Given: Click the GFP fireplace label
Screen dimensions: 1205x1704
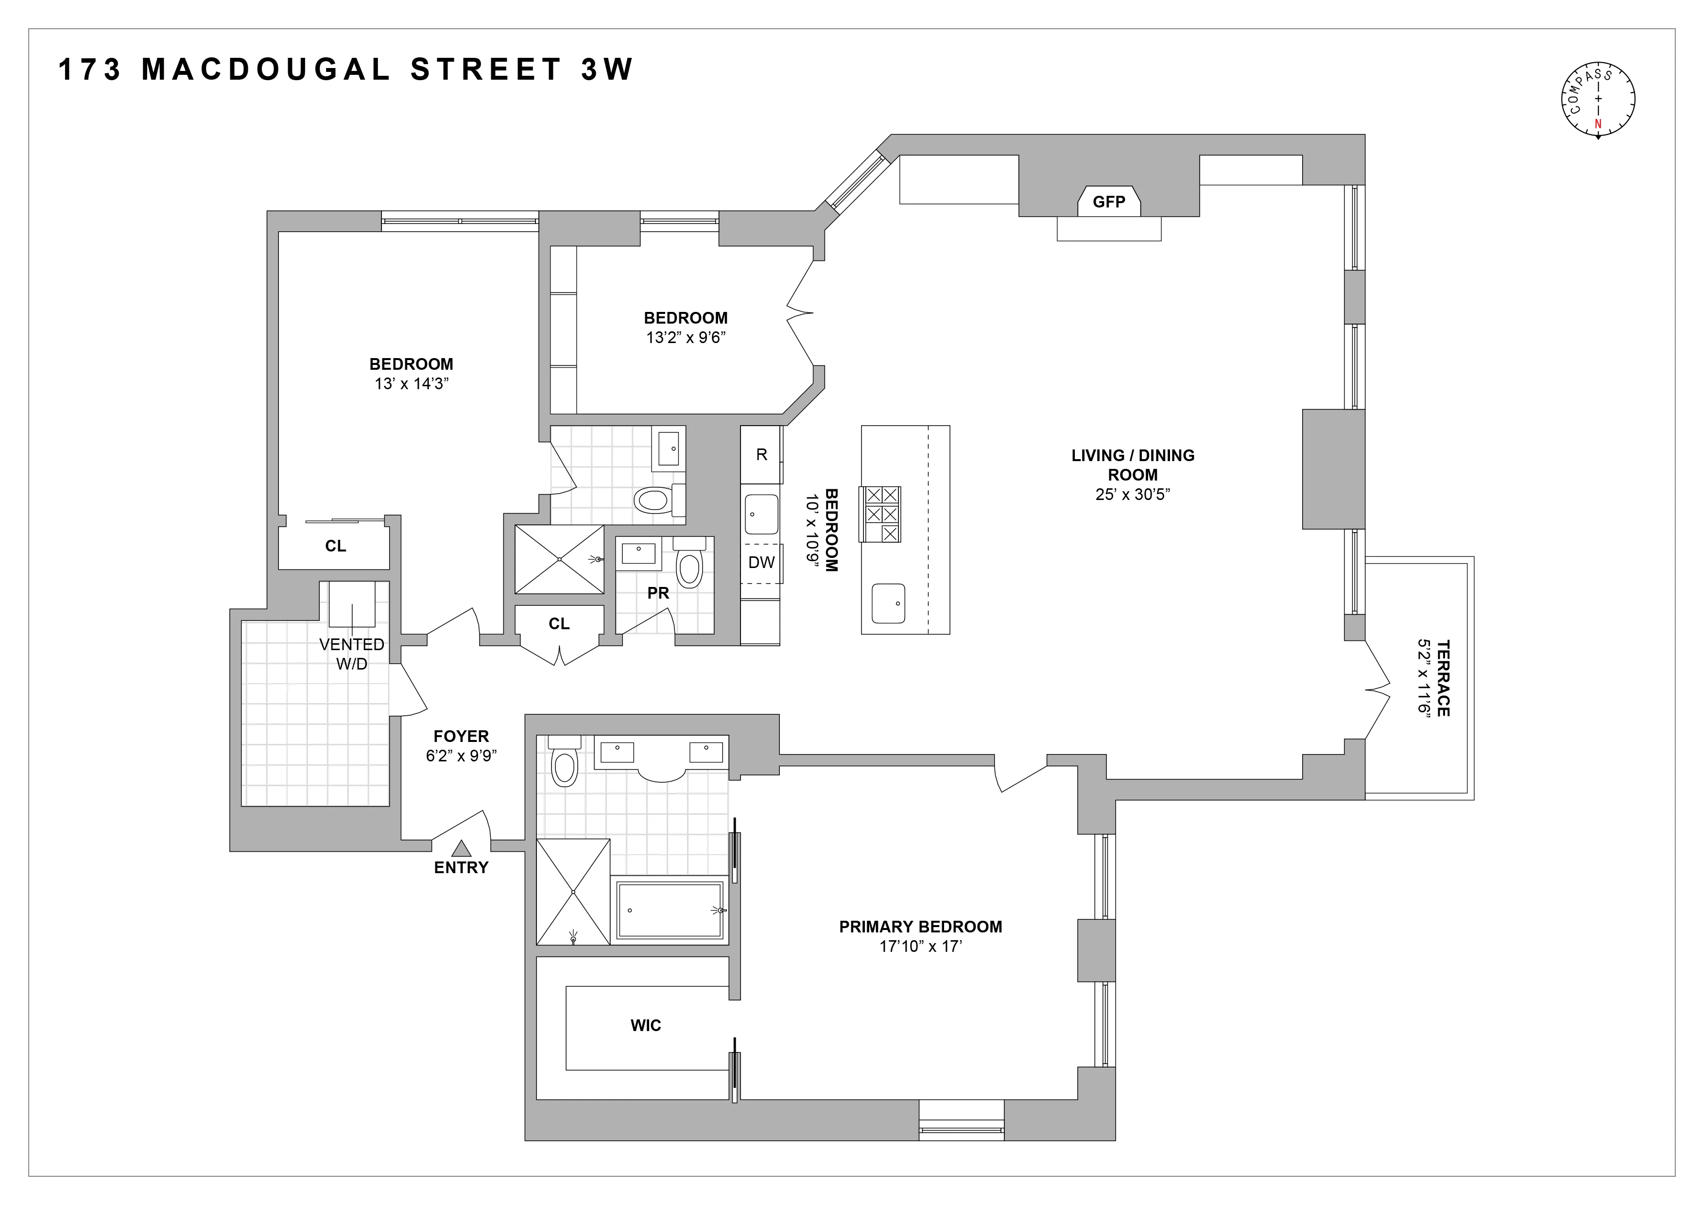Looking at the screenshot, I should click(1109, 202).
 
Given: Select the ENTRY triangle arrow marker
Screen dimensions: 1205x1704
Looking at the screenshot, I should click(462, 848).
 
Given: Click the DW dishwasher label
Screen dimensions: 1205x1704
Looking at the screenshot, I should click(761, 563).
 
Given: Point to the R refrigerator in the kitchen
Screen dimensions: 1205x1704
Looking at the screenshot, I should click(761, 455).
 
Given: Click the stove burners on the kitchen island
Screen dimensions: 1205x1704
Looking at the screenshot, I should click(880, 514).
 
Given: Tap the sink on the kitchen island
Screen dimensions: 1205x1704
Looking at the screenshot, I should click(888, 604).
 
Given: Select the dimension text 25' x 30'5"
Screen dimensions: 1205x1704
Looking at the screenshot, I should click(1133, 494).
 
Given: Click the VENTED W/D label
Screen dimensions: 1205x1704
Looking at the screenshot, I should click(352, 654).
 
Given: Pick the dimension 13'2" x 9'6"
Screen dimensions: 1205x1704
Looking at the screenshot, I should click(685, 338).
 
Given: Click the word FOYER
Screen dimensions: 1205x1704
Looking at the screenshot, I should click(461, 736).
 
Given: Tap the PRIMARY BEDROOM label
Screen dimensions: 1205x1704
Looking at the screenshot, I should click(920, 927).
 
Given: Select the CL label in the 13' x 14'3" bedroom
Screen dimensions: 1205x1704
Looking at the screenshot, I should click(335, 546).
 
